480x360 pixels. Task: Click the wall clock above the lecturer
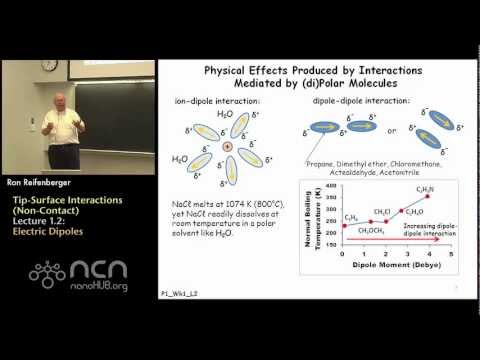pos(50,65)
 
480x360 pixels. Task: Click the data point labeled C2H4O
pos(402,211)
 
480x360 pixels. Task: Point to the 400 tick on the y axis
pos(332,186)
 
